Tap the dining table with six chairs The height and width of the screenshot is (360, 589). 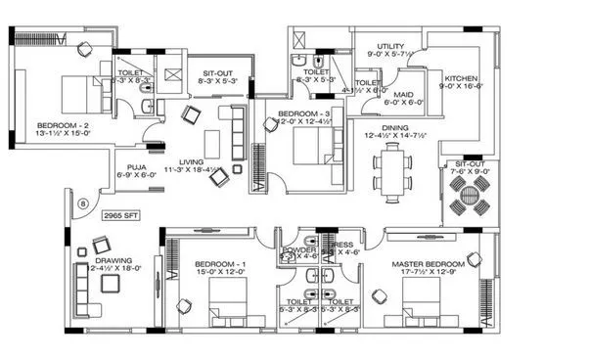pyautogui.click(x=393, y=167)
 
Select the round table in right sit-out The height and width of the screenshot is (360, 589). pyautogui.click(x=466, y=195)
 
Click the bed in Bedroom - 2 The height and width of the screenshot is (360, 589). pyautogui.click(x=75, y=95)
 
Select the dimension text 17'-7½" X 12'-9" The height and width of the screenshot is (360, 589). pyautogui.click(x=429, y=275)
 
